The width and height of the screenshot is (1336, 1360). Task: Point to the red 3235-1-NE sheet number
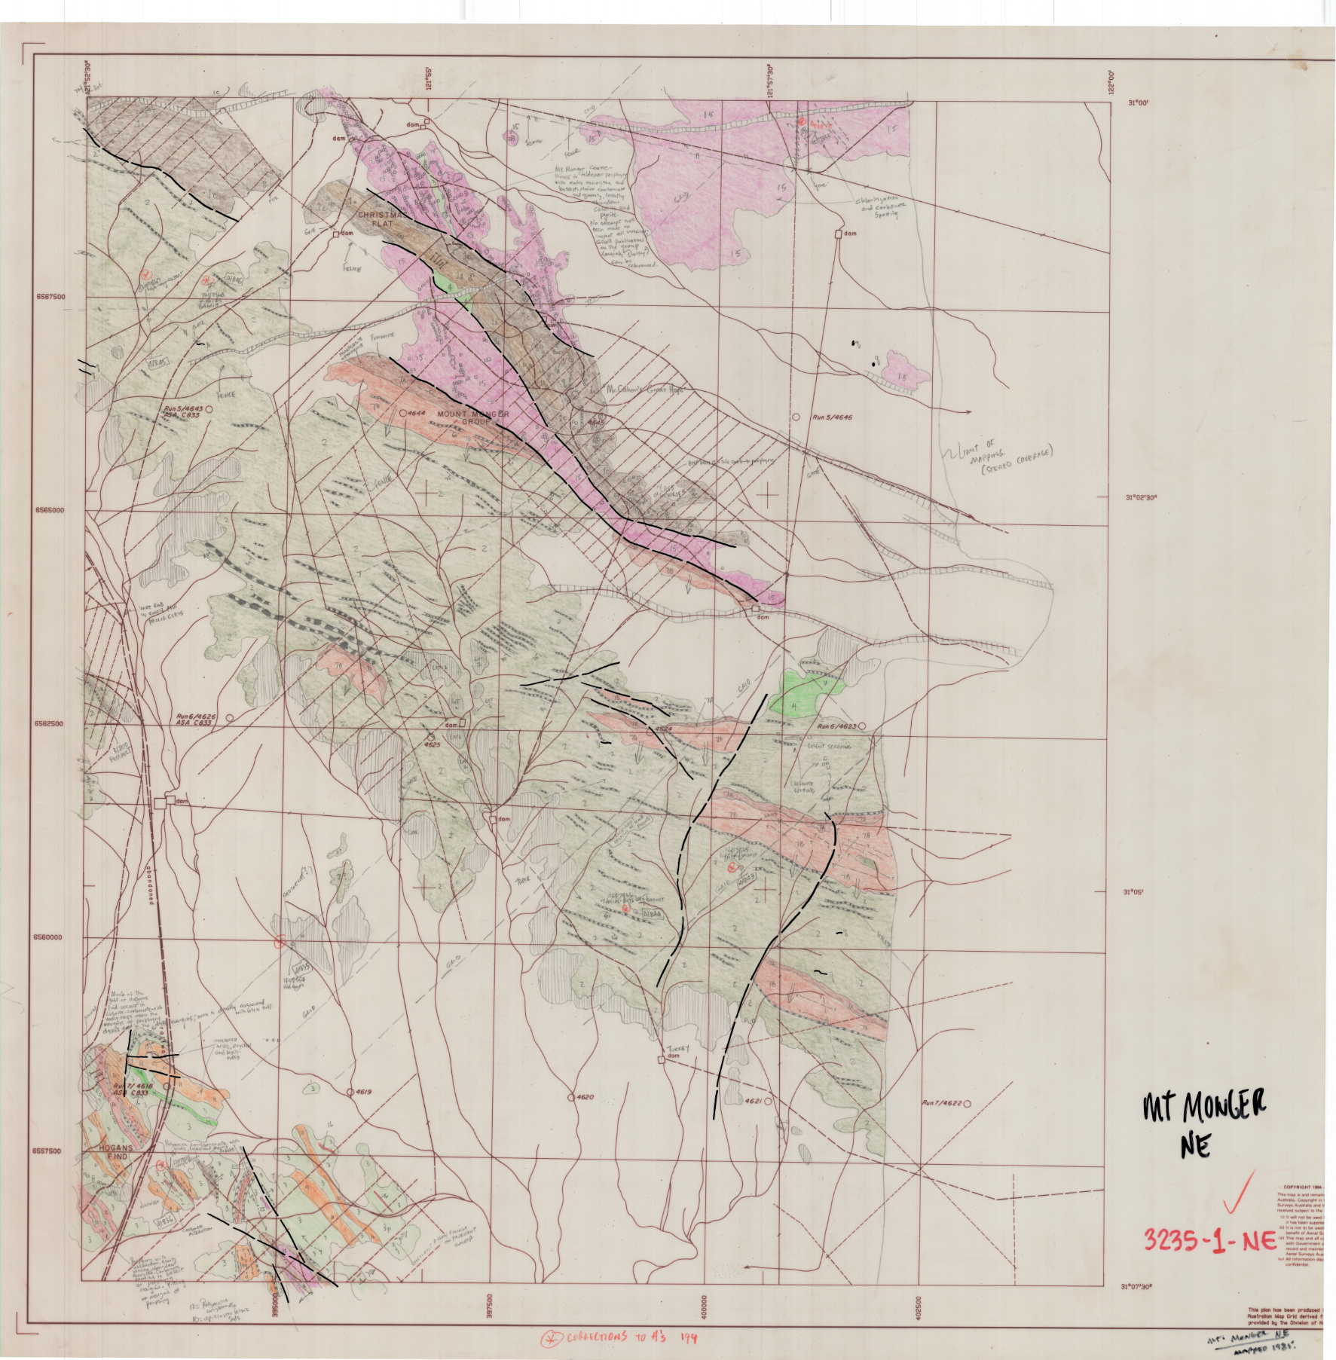click(1209, 1239)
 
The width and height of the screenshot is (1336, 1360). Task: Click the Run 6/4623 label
click(838, 726)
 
